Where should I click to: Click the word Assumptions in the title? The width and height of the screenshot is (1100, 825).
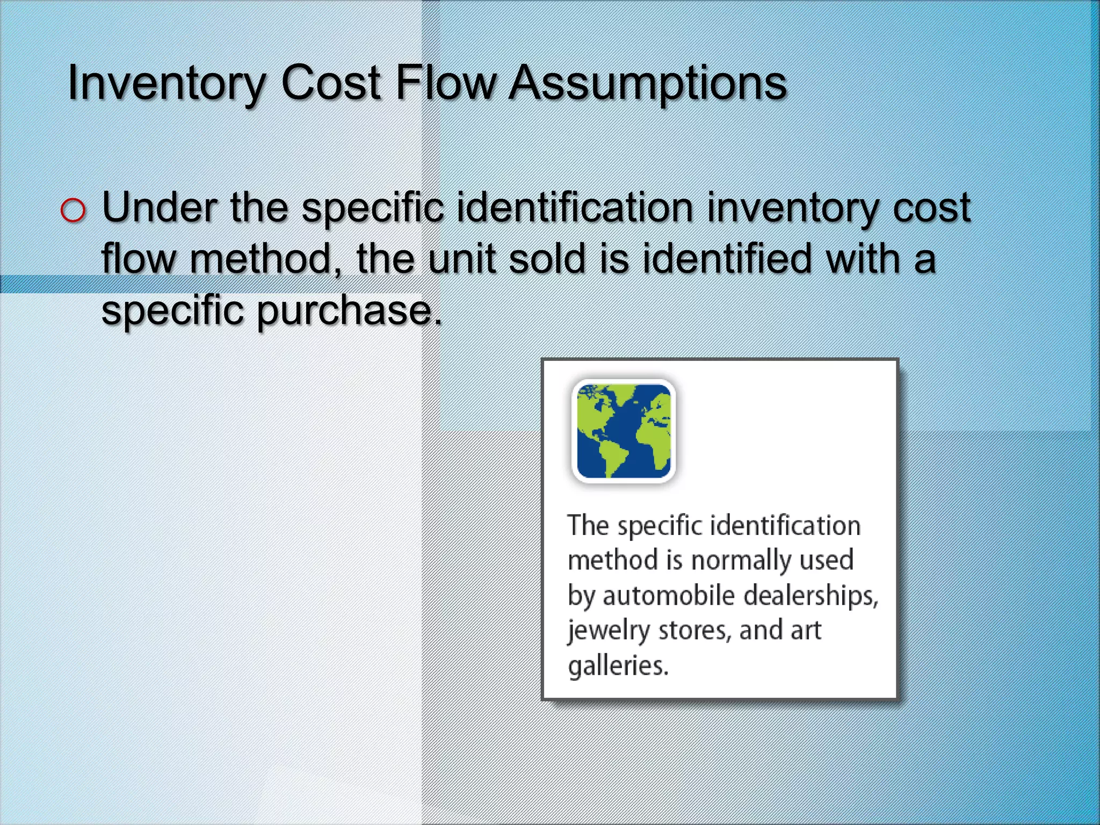click(647, 83)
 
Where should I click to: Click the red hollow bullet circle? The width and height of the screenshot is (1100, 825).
click(73, 210)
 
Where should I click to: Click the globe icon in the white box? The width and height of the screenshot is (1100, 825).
click(624, 431)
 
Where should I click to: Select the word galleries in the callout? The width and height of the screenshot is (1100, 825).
click(618, 665)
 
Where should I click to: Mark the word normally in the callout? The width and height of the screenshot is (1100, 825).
click(740, 560)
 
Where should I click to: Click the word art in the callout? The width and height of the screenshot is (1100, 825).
click(806, 630)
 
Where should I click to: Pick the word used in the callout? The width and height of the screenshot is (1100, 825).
click(827, 560)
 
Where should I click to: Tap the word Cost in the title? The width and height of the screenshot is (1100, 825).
click(331, 83)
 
